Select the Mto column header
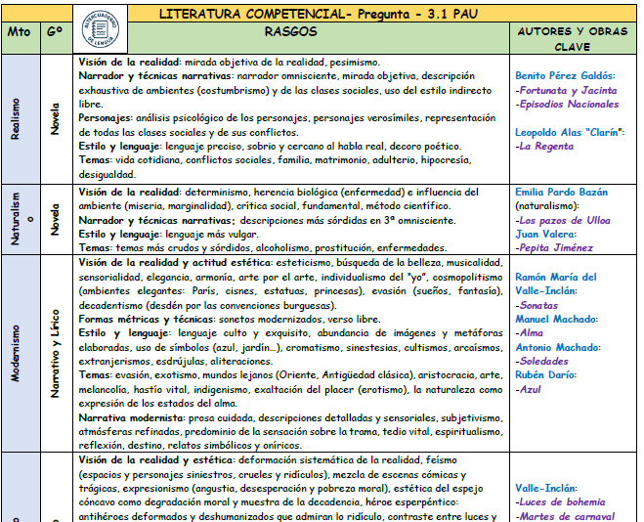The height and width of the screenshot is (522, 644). click(19, 31)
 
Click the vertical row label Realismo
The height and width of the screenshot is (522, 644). click(16, 119)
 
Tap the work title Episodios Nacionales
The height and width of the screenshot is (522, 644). click(567, 104)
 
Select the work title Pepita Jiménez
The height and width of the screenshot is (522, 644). click(556, 248)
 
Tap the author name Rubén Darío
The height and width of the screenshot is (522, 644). click(546, 375)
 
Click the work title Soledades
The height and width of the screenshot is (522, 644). click(546, 361)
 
